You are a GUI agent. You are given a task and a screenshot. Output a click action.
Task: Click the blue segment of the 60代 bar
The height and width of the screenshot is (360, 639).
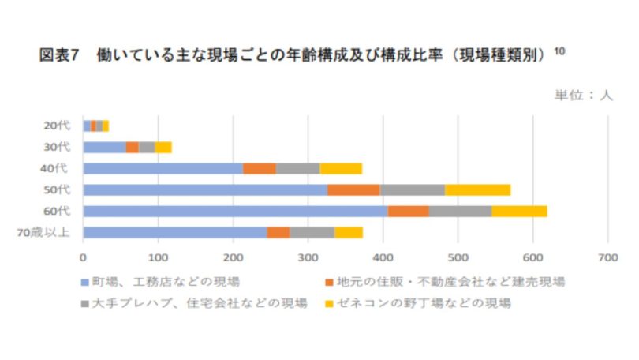point(235,211)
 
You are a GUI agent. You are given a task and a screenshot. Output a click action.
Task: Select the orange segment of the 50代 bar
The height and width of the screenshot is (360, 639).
point(353,189)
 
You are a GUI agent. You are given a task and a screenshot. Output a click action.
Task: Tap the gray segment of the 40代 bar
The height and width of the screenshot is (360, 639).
point(297,168)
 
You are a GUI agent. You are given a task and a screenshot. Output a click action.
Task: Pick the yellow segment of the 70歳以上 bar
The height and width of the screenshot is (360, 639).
point(349,232)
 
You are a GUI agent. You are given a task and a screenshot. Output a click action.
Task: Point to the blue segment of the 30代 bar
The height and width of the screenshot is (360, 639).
point(104,147)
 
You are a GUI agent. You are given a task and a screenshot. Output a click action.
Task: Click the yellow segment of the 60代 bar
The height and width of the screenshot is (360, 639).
point(519,211)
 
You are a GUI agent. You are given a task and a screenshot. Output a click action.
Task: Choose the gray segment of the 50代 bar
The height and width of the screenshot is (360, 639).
point(412,189)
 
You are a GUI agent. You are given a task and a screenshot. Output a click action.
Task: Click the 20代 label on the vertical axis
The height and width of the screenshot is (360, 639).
point(57,126)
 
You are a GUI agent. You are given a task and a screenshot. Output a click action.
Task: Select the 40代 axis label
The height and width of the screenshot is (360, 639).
point(57,168)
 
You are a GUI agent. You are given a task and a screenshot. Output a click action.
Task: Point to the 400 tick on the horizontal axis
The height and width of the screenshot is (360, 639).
point(383,256)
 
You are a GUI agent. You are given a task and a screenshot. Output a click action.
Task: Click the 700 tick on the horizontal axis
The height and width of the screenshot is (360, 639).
point(607,256)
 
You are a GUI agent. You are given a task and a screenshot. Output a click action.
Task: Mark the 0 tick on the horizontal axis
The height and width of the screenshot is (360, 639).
point(83,256)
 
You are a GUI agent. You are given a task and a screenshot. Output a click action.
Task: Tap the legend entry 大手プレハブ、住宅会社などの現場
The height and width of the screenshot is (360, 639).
point(193,302)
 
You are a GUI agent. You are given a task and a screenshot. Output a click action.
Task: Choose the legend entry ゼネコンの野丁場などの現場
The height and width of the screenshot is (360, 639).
point(418,302)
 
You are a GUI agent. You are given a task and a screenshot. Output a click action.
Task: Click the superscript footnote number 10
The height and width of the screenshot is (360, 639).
point(559,51)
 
